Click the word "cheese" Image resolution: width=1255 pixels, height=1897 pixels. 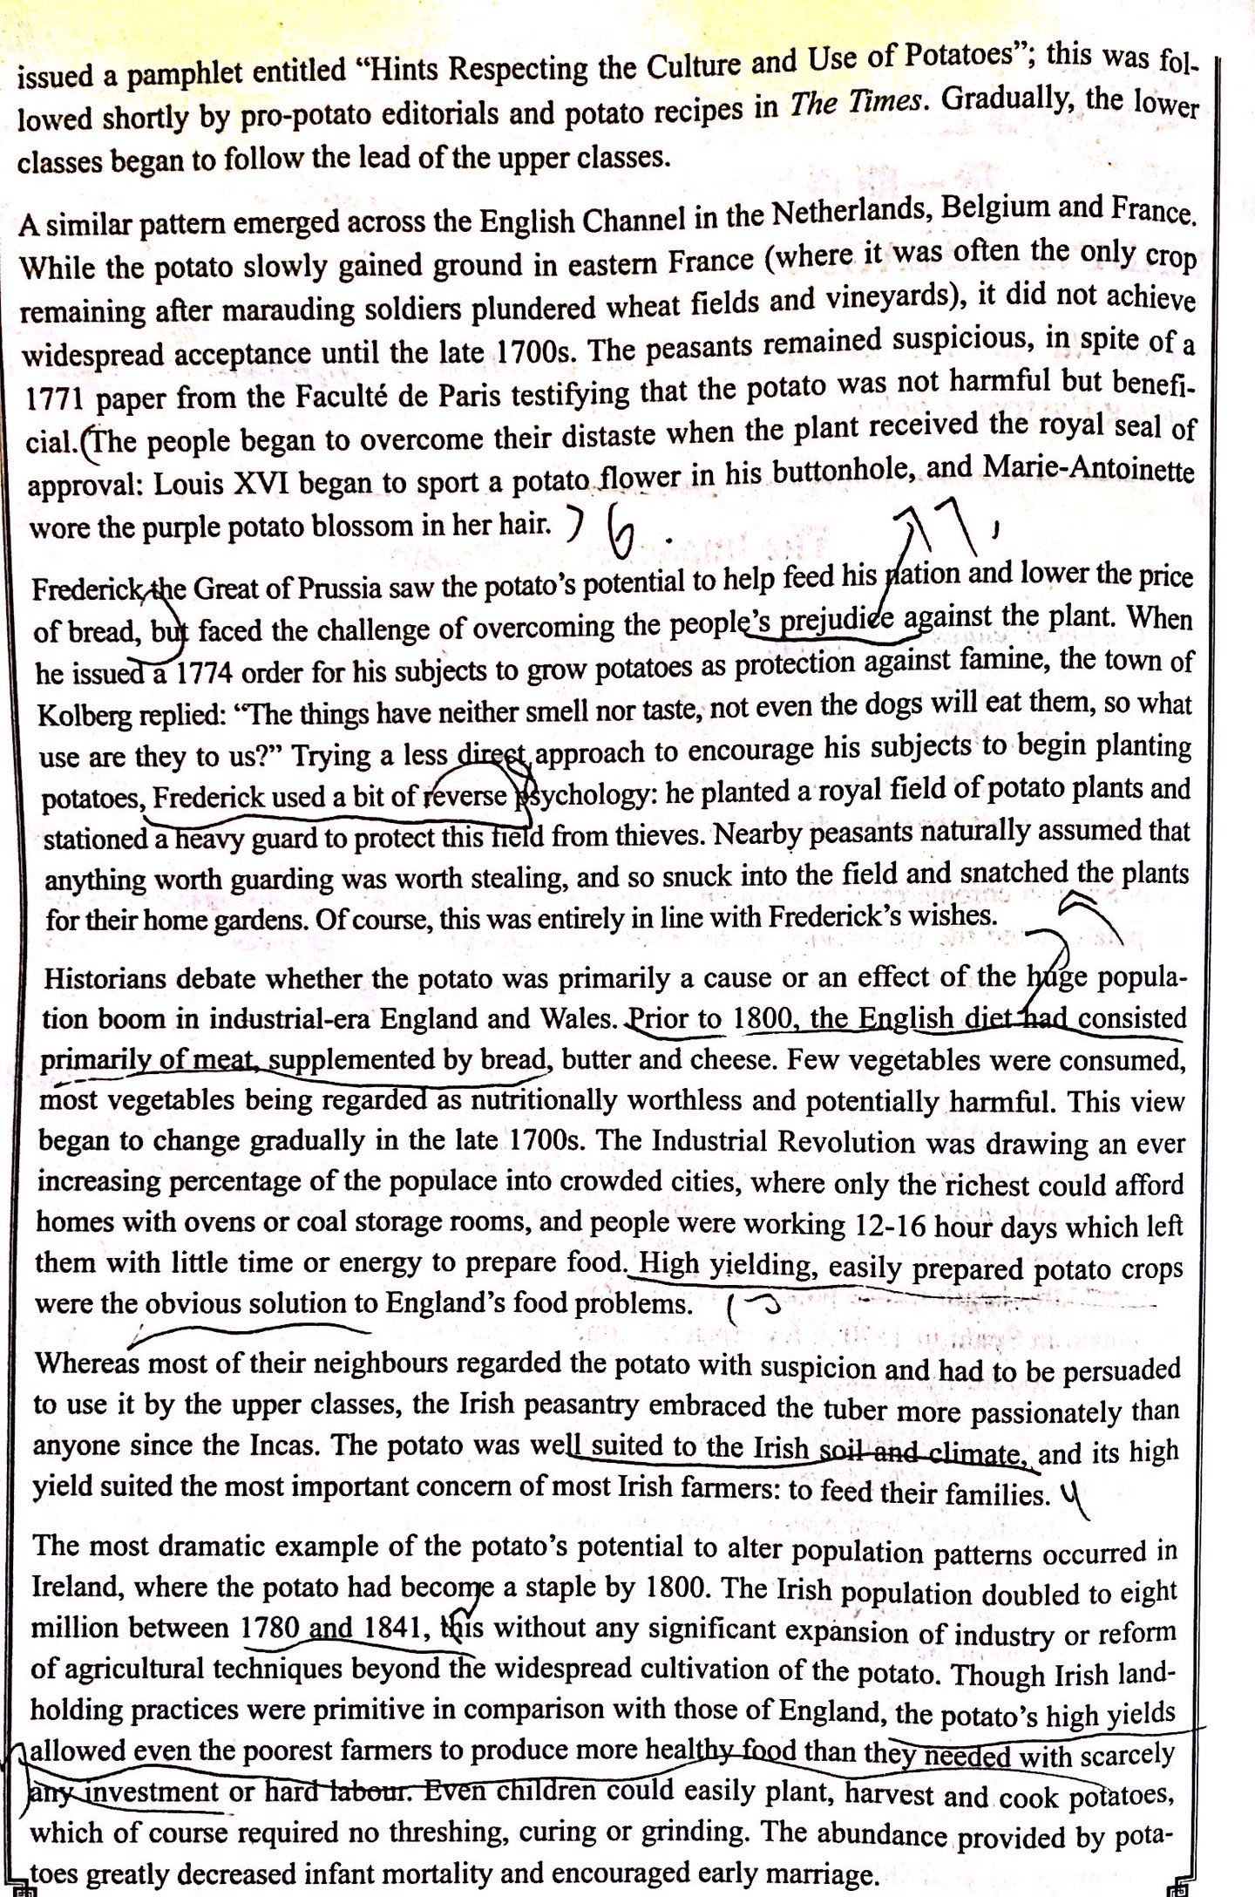[x=687, y=1060]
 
